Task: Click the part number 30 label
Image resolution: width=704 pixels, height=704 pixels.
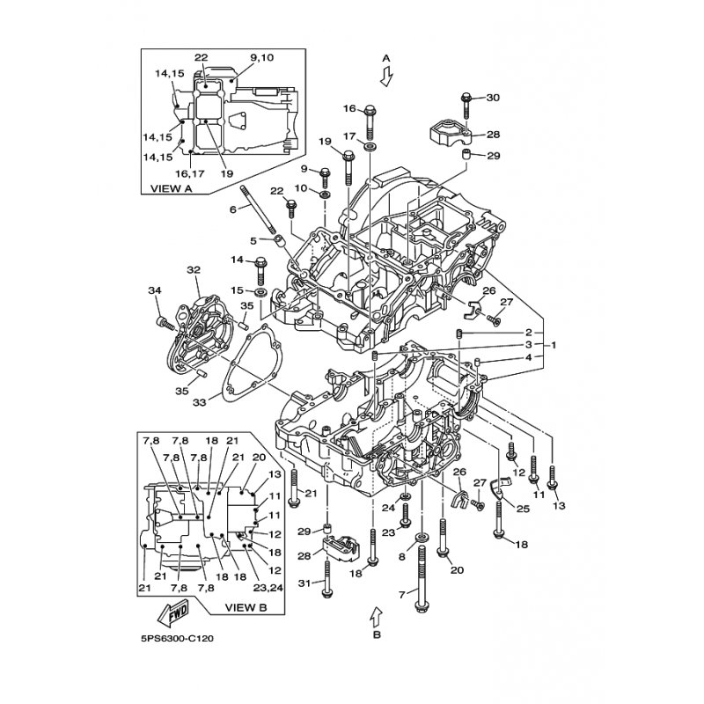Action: coord(493,98)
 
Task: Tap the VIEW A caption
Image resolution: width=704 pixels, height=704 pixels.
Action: coord(171,187)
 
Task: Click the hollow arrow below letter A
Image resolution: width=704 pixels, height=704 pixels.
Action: coord(385,77)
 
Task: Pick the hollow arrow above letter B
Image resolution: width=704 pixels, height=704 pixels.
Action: coord(377,613)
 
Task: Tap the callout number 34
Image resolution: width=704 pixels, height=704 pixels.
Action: coord(155,291)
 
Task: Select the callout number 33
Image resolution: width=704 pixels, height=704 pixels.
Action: coord(198,402)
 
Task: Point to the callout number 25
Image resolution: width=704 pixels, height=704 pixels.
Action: coord(523,509)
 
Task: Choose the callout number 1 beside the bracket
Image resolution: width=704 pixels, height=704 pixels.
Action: coord(555,345)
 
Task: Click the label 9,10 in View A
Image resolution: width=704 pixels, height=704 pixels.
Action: coord(261,57)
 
